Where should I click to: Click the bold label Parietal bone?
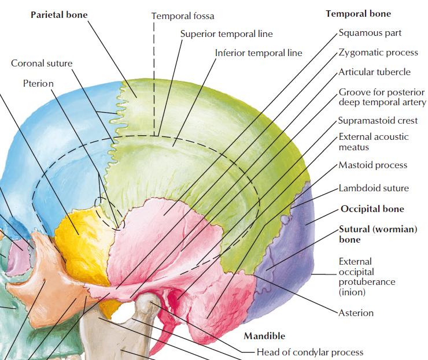(x=59, y=14)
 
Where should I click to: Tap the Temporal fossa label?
(x=183, y=16)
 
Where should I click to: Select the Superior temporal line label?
(x=226, y=34)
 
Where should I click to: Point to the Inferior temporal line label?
(x=259, y=53)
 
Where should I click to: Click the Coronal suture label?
(x=42, y=63)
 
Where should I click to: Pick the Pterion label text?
(x=38, y=83)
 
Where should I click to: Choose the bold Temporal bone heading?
(x=358, y=14)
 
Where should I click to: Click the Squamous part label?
(x=370, y=33)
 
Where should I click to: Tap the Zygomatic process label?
(x=378, y=53)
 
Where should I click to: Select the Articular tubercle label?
(x=375, y=72)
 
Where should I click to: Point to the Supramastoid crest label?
(x=378, y=121)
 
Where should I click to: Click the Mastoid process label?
(x=373, y=165)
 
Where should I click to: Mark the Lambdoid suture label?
(x=374, y=188)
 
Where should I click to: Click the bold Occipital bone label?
(x=372, y=209)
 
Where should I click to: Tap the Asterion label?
(x=356, y=313)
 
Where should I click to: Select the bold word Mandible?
(x=264, y=336)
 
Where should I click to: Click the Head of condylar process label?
(x=310, y=352)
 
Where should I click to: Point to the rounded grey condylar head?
(x=147, y=303)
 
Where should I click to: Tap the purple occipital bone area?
(x=284, y=262)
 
